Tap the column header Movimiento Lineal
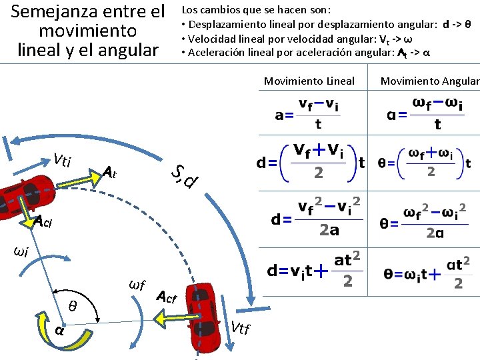click(309, 81)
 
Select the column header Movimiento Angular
click(429, 81)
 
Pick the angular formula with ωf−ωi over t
click(425, 114)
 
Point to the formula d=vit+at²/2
click(315, 270)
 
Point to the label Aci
click(43, 222)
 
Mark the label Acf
click(166, 297)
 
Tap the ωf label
click(136, 285)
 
